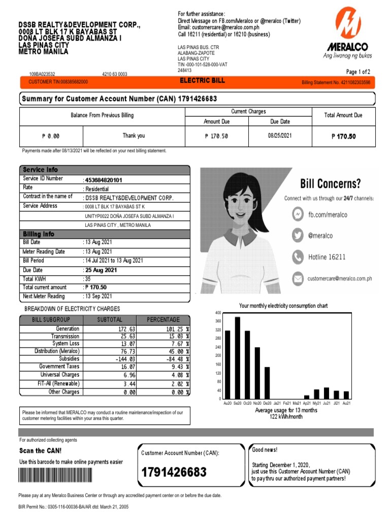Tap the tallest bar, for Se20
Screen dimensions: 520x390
click(x=237, y=357)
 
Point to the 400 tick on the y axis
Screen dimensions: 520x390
click(x=218, y=312)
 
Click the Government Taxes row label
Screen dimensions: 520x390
click(x=59, y=366)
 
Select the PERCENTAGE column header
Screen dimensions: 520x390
click(x=163, y=319)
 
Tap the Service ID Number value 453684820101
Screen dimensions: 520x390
click(x=104, y=180)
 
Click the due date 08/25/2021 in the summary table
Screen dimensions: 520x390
click(x=280, y=136)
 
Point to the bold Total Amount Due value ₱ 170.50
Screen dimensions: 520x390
click(x=343, y=136)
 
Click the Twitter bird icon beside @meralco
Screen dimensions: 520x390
click(x=298, y=236)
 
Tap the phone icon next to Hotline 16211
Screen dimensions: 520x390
click(x=298, y=257)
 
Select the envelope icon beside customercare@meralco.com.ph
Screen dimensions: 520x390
click(x=298, y=278)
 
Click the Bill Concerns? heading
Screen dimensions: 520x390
click(x=331, y=183)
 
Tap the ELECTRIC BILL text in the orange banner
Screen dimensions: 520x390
click(x=202, y=81)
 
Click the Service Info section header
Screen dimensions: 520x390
click(x=41, y=170)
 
